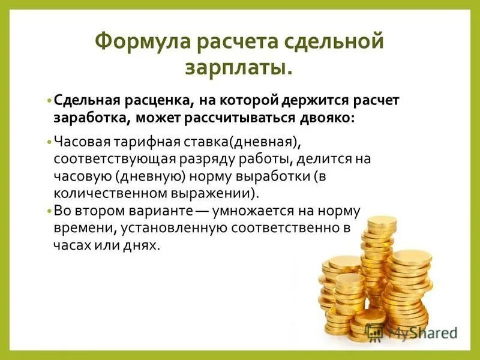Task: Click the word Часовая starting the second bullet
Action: (78, 143)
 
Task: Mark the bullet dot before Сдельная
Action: (49, 100)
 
